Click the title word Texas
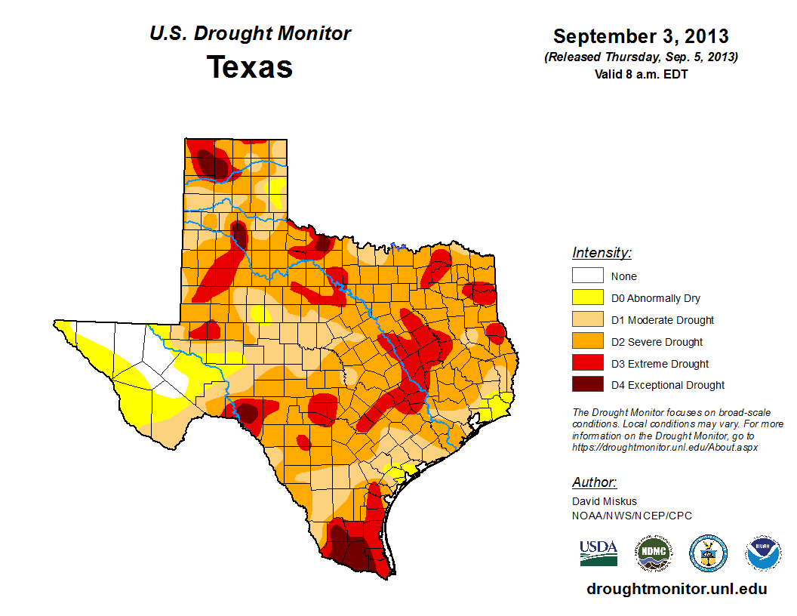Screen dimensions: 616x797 click(x=250, y=67)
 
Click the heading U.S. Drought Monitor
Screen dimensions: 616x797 click(x=250, y=34)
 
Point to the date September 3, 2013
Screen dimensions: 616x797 click(x=641, y=36)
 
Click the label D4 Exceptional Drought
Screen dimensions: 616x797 click(x=667, y=385)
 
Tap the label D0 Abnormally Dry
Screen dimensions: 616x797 click(x=655, y=298)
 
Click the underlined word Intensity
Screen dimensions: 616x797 click(x=602, y=253)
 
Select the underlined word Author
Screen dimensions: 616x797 click(x=595, y=482)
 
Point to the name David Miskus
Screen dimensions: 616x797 click(x=605, y=501)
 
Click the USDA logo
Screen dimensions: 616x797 click(x=599, y=553)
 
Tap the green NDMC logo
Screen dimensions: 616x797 click(x=653, y=553)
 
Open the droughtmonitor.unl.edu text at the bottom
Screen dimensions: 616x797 click(x=677, y=589)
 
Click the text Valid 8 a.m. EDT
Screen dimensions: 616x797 click(x=641, y=74)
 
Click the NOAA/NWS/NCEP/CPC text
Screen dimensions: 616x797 click(x=632, y=516)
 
